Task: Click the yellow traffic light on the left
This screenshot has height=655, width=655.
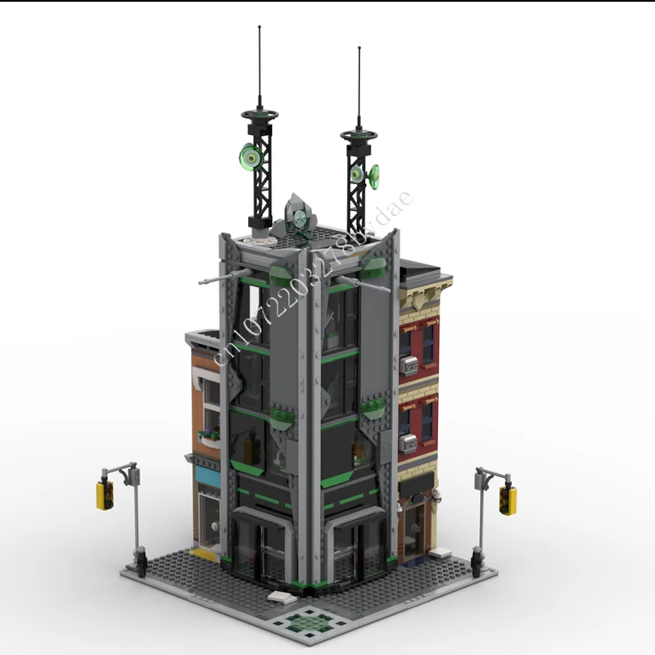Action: point(104,495)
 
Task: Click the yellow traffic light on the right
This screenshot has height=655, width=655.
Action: point(508,499)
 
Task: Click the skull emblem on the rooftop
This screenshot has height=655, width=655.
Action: point(299,217)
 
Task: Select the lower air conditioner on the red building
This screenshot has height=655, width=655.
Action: point(407,443)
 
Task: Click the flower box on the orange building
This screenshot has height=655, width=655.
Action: point(210,435)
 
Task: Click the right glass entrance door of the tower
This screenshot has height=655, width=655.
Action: point(354,549)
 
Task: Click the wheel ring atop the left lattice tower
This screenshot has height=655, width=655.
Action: point(260,120)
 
